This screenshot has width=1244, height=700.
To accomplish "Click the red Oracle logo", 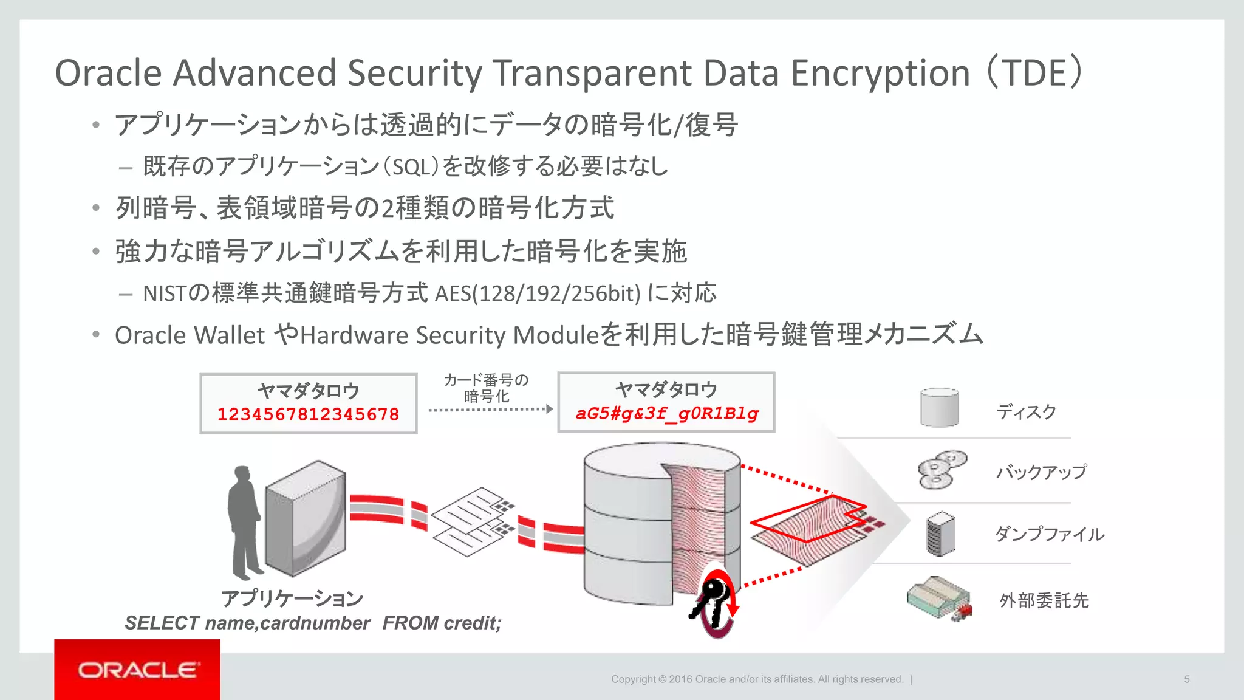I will (x=137, y=670).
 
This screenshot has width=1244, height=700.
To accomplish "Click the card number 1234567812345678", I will (x=308, y=414).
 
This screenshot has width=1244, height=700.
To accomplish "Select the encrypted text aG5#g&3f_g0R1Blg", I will (x=666, y=413).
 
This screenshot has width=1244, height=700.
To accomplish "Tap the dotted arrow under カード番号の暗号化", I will (x=490, y=410).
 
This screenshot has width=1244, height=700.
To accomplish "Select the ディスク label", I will (x=1026, y=412).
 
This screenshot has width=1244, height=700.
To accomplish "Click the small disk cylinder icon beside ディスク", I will (x=939, y=407).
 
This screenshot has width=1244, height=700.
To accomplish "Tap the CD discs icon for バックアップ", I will (x=942, y=470).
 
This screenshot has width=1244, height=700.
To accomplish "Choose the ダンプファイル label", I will (x=1049, y=534).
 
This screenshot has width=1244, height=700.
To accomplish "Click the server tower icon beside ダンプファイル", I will (x=940, y=534).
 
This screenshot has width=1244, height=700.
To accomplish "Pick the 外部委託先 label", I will (x=1044, y=600).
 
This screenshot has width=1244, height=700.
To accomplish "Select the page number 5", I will (x=1186, y=679).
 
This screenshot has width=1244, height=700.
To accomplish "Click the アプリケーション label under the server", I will (x=292, y=599).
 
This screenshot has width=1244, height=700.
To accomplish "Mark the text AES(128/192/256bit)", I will (x=538, y=294).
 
